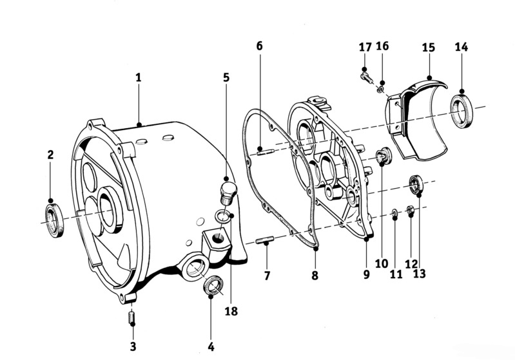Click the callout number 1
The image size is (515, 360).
click(x=139, y=78)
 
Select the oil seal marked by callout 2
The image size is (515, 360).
click(x=55, y=220)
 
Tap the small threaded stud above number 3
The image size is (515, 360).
click(x=131, y=317)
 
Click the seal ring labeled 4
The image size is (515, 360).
click(x=213, y=284)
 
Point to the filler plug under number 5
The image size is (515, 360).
click(x=226, y=193)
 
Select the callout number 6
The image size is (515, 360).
click(x=260, y=46)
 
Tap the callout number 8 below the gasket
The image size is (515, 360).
click(x=315, y=276)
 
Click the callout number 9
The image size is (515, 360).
click(x=367, y=274)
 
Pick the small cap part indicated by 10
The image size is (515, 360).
click(x=384, y=156)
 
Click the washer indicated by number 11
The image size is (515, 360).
click(x=394, y=214)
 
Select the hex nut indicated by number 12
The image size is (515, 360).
click(x=410, y=211)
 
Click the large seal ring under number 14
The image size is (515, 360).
click(x=462, y=111)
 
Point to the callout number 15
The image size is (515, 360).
click(x=428, y=47)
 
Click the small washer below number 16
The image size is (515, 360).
click(x=381, y=89)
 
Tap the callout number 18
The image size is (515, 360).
click(x=231, y=311)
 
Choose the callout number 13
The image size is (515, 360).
click(x=419, y=273)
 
